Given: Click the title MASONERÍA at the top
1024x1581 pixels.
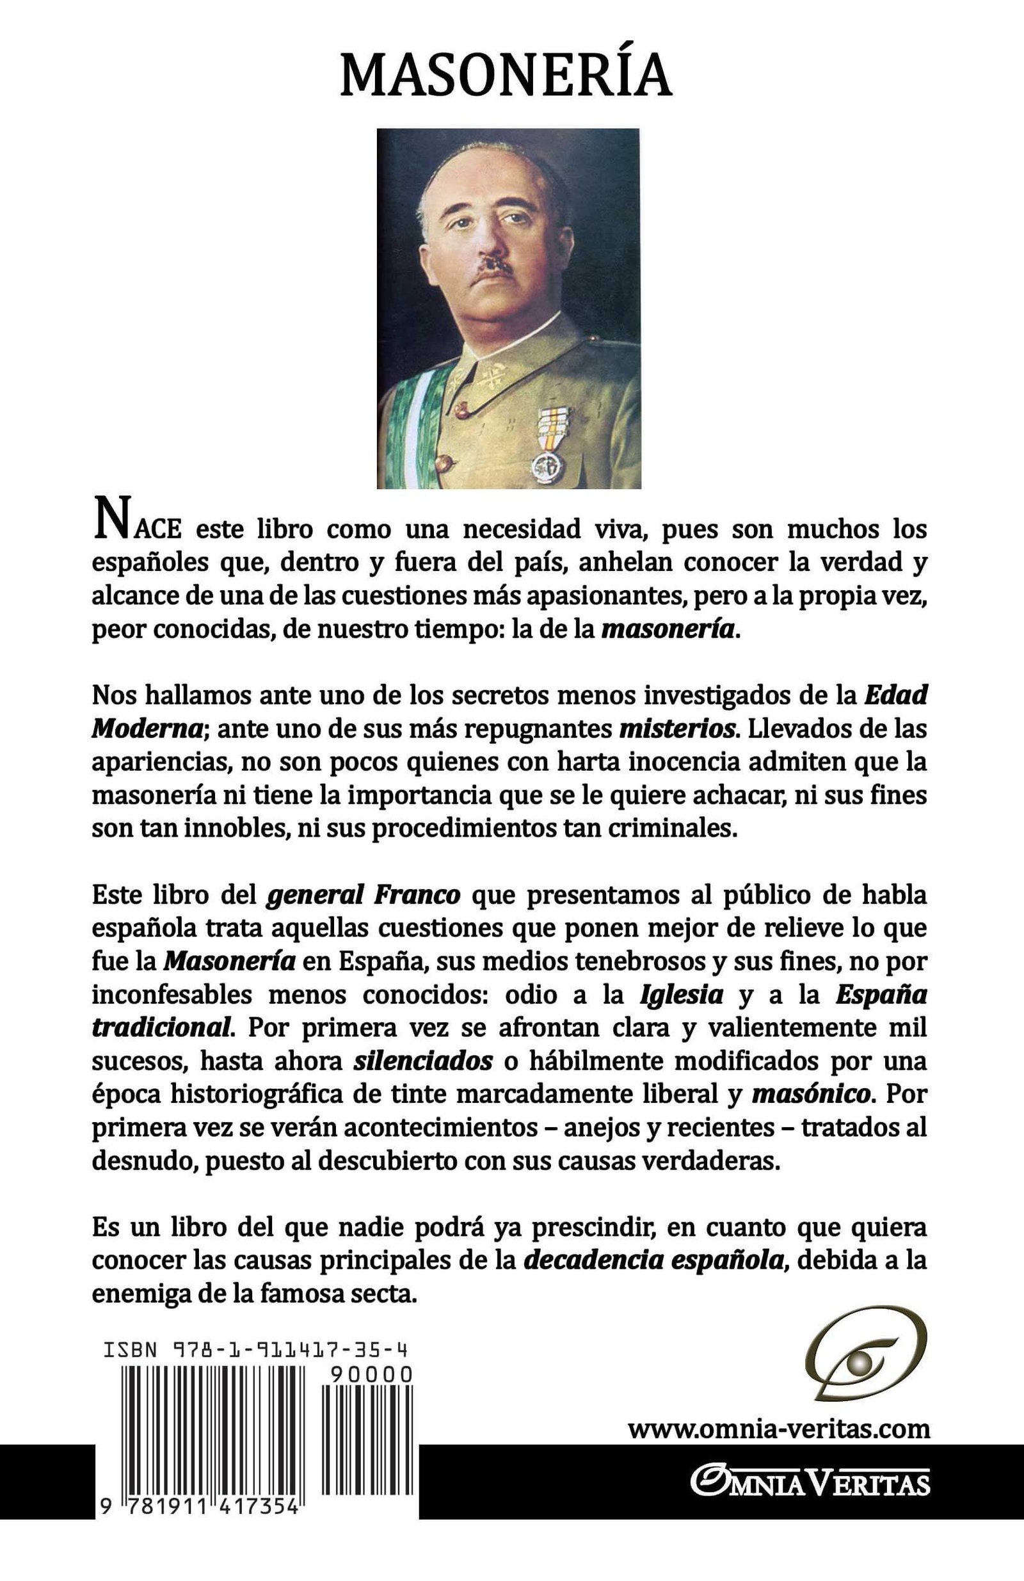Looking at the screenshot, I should tap(506, 76).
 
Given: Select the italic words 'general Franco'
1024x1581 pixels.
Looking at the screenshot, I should tap(363, 895).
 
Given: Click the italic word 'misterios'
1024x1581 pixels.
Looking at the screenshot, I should tap(677, 728).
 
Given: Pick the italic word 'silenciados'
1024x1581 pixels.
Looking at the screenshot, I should tap(422, 1061).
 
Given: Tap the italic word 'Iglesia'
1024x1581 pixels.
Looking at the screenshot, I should tap(682, 995).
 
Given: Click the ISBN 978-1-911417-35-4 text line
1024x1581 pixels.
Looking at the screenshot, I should tap(255, 1349).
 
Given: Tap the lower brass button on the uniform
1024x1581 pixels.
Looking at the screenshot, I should tap(444, 462).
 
